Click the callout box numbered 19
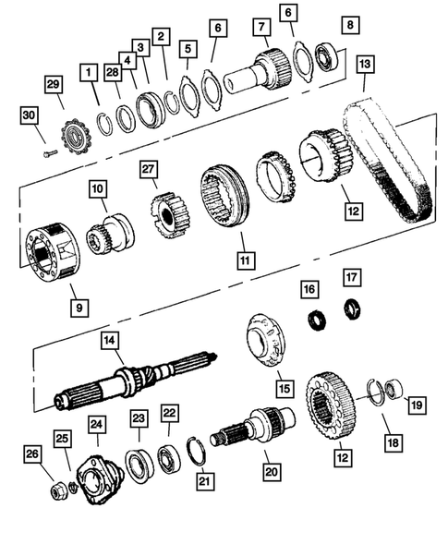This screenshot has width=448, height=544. click(417, 403)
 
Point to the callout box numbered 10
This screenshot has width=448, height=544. click(97, 189)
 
